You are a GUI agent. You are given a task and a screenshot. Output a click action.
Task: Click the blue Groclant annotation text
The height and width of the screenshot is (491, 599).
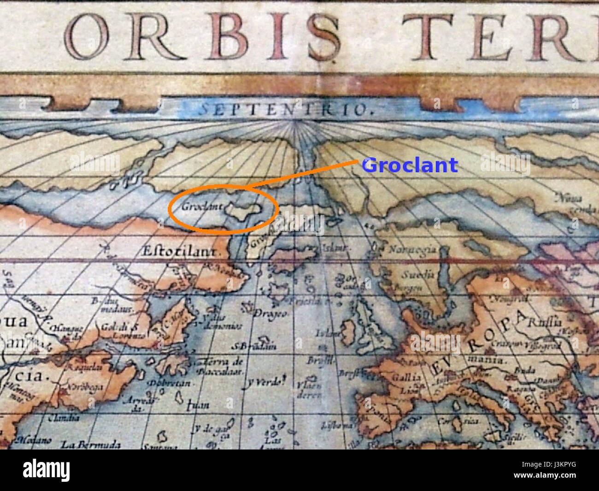tap(410, 165)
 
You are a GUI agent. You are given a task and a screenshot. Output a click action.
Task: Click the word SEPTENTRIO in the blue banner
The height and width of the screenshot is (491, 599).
tap(285, 110)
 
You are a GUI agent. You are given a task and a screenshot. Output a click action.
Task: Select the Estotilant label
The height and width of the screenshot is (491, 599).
tap(179, 252)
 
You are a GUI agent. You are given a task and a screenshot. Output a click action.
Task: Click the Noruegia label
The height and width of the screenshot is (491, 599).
tap(412, 250)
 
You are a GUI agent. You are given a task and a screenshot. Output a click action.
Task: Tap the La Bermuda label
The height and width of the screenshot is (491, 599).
tap(91, 445)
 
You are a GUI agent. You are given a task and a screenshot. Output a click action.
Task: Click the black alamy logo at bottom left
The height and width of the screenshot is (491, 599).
tap(47, 471)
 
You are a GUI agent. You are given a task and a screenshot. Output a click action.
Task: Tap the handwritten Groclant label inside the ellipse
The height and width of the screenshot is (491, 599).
tap(202, 206)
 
